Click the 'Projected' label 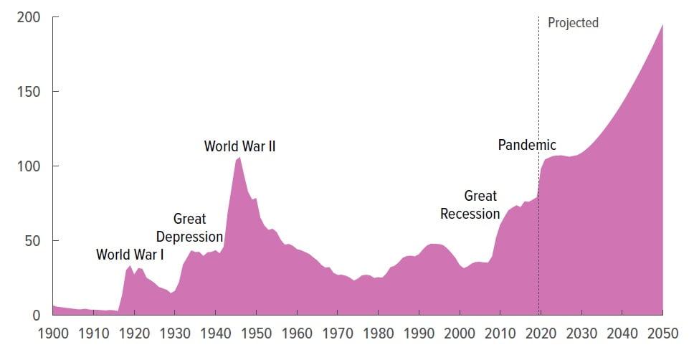pos(573,23)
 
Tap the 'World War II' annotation pos(239,146)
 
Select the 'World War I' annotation pos(129,255)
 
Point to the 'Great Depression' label pos(189,228)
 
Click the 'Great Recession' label pos(470,205)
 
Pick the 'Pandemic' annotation pos(527,146)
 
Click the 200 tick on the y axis pos(27,16)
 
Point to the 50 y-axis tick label pos(32,240)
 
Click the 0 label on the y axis pos(36,315)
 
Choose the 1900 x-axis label pos(53,333)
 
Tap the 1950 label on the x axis pos(256,333)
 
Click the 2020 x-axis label pos(541,333)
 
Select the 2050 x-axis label pos(662,333)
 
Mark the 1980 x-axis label pos(378,333)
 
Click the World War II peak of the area pos(239,157)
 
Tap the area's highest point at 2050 pos(662,25)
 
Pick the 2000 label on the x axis pos(459,333)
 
